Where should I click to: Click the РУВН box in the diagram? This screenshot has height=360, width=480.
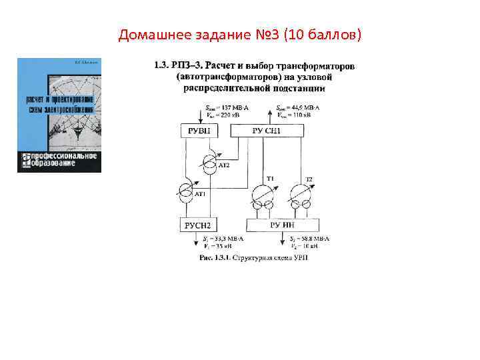[199, 131]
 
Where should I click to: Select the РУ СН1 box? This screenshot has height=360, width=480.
[267, 131]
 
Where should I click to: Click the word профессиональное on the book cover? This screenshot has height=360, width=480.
[61, 157]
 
